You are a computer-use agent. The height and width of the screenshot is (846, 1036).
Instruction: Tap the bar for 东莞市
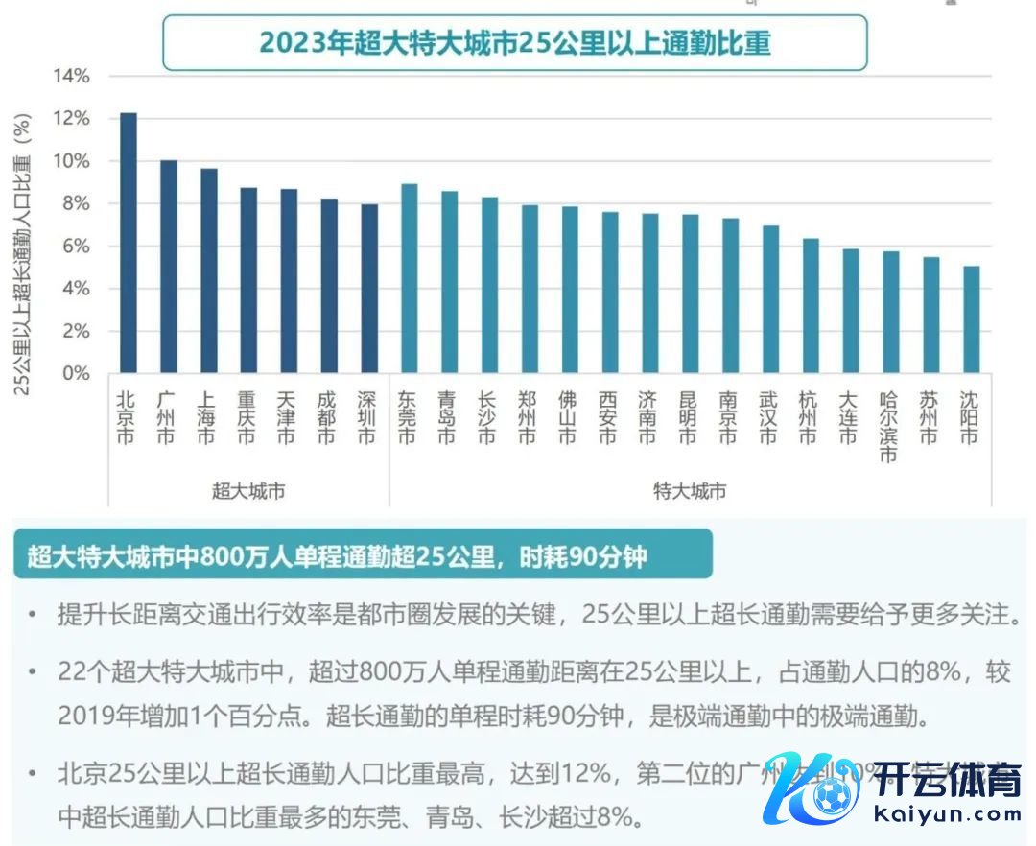409,278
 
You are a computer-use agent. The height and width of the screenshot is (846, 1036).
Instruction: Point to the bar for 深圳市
368,289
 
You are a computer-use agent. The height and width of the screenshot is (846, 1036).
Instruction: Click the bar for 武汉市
770,299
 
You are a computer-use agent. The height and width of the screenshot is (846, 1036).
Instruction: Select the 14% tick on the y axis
72,76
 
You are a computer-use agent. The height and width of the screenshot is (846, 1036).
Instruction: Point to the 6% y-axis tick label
76,247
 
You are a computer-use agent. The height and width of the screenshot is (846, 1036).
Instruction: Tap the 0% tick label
76,373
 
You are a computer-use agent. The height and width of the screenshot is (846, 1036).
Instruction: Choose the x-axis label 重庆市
247,417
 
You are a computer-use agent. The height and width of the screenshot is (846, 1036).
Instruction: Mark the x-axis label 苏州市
930,417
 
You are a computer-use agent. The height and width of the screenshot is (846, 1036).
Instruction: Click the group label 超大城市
248,491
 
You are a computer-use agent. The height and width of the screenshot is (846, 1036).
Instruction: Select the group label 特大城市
690,491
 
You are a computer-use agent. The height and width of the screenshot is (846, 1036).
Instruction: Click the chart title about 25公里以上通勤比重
514,43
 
